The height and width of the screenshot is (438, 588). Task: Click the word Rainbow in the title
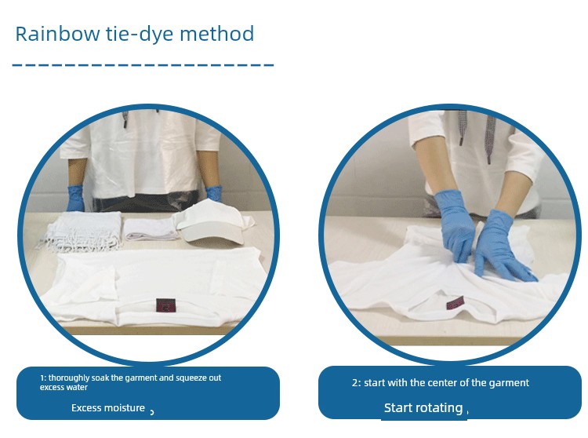(57, 34)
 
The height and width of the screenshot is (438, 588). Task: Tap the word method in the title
(217, 34)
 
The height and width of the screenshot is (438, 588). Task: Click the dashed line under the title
(143, 65)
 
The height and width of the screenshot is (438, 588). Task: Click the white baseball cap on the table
(214, 222)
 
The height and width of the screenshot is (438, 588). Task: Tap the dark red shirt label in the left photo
(165, 305)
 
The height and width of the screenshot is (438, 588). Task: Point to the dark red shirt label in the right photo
(456, 301)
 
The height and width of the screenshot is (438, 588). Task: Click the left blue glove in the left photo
(75, 198)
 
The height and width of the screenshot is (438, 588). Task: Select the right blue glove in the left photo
(214, 193)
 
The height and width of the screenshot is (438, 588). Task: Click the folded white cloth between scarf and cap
(151, 229)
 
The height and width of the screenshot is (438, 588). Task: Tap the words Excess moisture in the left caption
(108, 407)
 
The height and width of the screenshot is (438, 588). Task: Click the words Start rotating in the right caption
(423, 407)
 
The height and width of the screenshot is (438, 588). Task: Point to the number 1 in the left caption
(42, 378)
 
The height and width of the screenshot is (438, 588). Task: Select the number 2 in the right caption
(354, 383)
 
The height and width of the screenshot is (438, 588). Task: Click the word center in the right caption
(442, 383)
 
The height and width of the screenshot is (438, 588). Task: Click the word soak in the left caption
(100, 378)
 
